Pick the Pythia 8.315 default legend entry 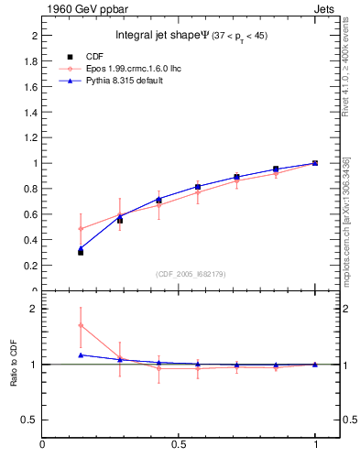click(x=120, y=82)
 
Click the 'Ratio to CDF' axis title click(x=13, y=364)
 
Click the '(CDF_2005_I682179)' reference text click(x=191, y=274)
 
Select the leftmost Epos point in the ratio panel click(x=82, y=325)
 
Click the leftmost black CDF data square click(x=81, y=251)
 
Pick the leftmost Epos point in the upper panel click(x=82, y=228)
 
